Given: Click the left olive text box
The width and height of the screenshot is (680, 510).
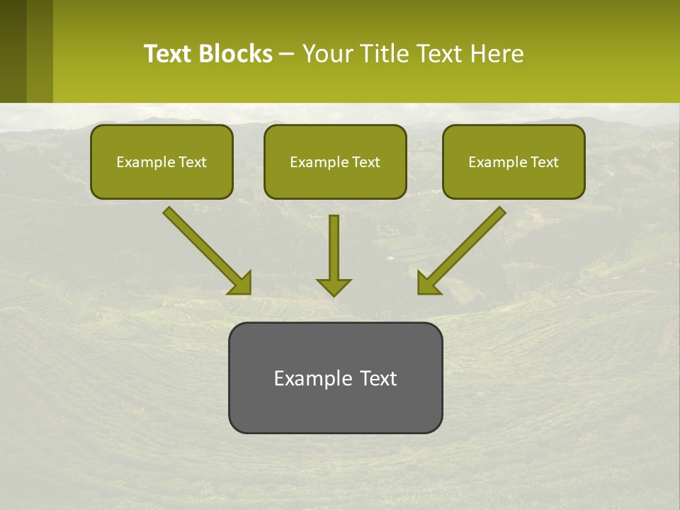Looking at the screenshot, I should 161,161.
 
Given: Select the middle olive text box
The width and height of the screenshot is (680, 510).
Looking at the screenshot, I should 335,161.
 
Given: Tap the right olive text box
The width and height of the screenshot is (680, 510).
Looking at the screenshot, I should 514,161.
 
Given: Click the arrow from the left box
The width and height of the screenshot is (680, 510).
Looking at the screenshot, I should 206,250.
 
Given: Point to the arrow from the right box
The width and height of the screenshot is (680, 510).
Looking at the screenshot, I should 463,250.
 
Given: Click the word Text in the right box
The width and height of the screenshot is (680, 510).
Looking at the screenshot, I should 545,162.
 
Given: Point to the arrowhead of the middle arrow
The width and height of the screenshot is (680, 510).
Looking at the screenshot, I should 334,287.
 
